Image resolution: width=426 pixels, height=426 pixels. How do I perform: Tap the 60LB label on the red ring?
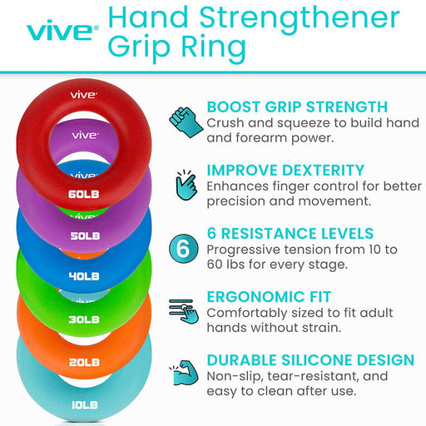click(x=84, y=196)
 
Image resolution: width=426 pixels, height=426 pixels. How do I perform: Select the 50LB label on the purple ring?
click(x=84, y=235)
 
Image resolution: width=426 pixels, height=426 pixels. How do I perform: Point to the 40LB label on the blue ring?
click(x=84, y=276)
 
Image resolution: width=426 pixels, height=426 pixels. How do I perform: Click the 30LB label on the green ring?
click(x=84, y=319)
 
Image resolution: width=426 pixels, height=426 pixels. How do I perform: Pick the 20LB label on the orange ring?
click(x=84, y=362)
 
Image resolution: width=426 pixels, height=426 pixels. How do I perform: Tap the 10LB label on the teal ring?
click(x=84, y=405)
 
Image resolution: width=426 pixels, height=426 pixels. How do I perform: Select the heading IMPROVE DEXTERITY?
click(x=285, y=170)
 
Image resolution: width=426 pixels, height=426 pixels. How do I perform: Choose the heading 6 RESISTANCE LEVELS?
click(x=290, y=234)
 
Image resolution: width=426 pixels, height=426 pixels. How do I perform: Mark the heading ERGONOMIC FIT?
click(x=269, y=297)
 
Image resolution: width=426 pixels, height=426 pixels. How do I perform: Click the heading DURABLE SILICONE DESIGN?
click(x=310, y=360)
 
